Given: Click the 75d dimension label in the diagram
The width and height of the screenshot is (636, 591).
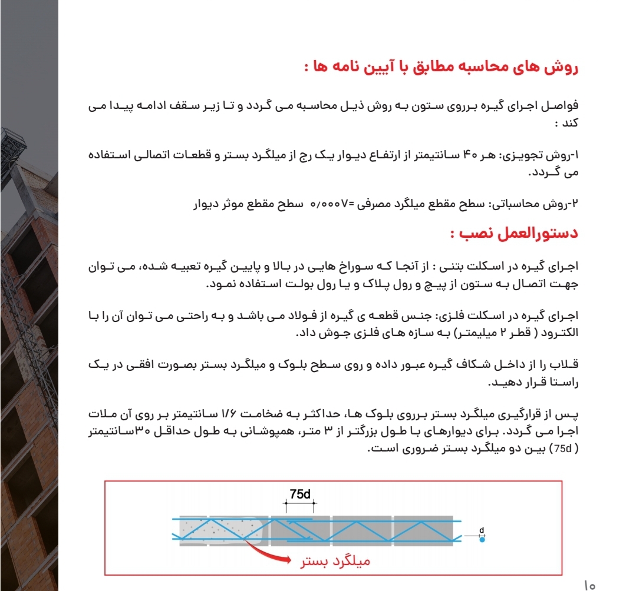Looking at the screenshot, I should coord(300,494).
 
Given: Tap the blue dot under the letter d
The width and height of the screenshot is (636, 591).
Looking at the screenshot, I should coord(482,540).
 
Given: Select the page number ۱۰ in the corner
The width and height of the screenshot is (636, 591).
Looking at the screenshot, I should coord(590,586).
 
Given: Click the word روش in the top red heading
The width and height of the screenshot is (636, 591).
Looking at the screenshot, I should coord(566,67).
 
